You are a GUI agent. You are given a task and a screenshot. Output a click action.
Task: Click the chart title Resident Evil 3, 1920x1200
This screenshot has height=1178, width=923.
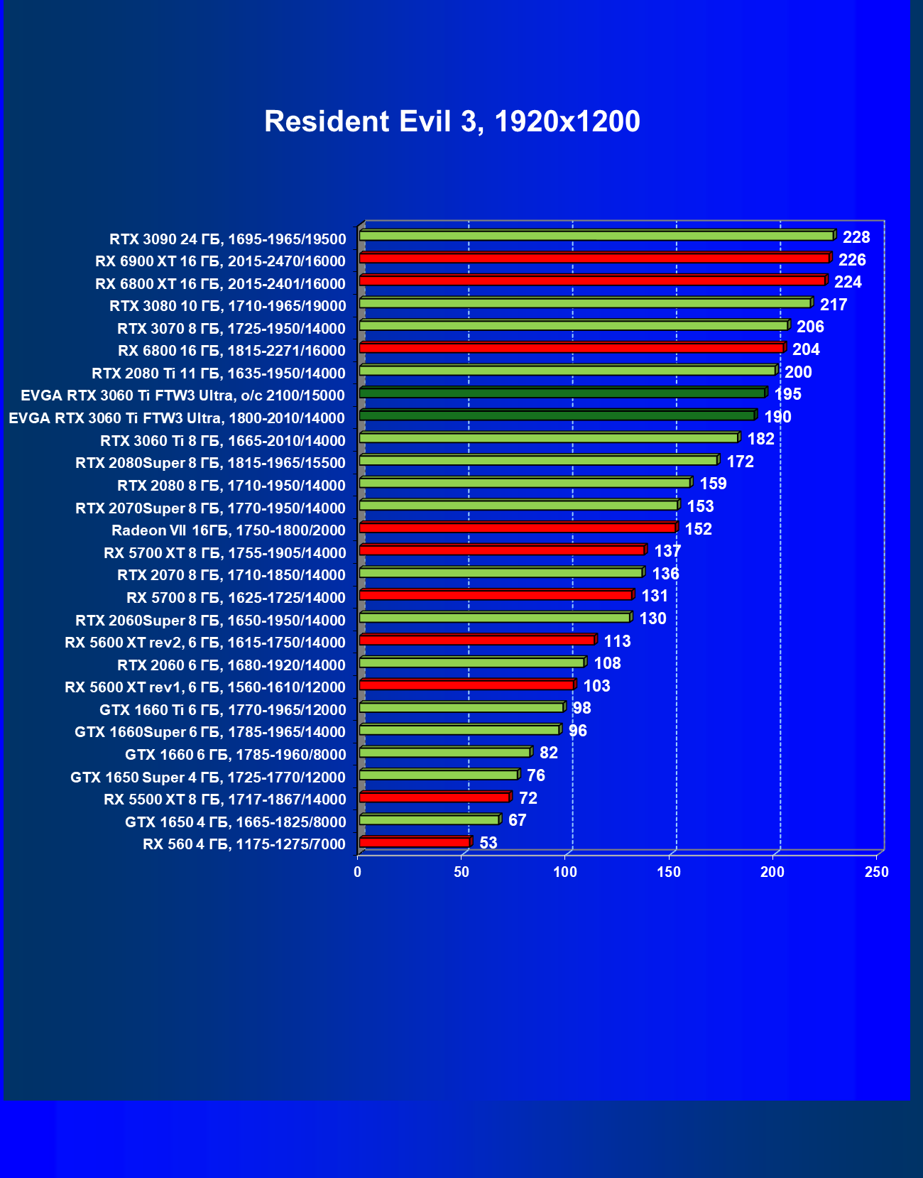(x=452, y=121)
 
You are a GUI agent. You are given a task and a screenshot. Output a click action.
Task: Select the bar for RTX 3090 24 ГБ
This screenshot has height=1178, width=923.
(x=596, y=236)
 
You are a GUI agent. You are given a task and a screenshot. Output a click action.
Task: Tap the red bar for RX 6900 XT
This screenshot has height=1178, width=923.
(x=594, y=258)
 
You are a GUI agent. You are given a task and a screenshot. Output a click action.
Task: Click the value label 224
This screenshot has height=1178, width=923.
(x=848, y=283)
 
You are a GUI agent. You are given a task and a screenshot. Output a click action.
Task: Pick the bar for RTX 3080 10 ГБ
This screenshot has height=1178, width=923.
(x=585, y=303)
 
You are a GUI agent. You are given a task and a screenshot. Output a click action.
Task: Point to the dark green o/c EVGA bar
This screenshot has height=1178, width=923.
(x=562, y=393)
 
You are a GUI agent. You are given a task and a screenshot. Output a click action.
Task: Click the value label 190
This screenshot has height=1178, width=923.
(x=777, y=417)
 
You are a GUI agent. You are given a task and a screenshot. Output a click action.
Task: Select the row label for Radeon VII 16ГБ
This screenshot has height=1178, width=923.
(x=229, y=530)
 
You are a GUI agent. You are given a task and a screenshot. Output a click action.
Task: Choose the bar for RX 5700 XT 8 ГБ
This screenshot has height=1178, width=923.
(x=502, y=550)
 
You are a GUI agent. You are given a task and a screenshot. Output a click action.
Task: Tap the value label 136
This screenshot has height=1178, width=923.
(x=665, y=574)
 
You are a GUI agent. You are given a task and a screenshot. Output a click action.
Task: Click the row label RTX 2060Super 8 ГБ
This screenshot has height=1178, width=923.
(x=210, y=621)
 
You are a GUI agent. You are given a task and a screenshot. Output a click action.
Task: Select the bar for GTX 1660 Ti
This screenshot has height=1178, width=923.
(x=461, y=707)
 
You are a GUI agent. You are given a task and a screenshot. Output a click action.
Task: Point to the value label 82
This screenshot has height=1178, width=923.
(x=549, y=753)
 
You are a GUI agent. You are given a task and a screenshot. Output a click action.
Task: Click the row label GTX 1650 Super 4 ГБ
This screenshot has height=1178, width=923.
(x=208, y=778)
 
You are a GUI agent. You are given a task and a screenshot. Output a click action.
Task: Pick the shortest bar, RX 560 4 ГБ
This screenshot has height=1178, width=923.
(x=415, y=842)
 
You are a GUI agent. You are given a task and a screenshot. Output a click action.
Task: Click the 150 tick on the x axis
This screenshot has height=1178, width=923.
(x=669, y=872)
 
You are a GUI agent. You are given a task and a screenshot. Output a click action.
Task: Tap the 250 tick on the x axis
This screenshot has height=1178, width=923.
(x=876, y=872)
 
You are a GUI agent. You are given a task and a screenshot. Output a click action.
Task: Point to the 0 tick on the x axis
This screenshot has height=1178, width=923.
(x=358, y=872)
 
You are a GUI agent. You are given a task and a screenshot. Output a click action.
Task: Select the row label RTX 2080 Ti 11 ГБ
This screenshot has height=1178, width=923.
(x=219, y=373)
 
